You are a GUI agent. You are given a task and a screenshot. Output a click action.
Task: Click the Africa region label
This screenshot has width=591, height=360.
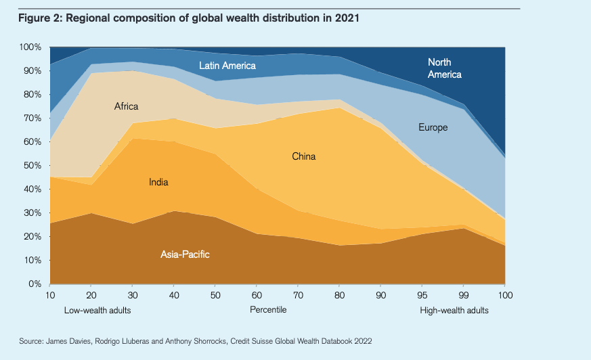click(126, 106)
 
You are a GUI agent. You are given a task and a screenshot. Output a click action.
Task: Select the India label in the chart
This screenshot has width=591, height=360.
click(158, 182)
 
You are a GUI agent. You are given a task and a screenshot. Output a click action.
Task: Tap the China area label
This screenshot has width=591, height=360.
click(304, 156)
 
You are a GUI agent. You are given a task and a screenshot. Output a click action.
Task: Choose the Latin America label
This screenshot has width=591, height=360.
click(227, 66)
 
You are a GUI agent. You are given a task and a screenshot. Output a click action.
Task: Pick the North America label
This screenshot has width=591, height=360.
click(445, 68)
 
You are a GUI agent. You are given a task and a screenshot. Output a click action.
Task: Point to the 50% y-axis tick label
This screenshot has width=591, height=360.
click(32, 166)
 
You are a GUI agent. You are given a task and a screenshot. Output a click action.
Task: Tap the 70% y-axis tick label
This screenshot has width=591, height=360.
click(32, 118)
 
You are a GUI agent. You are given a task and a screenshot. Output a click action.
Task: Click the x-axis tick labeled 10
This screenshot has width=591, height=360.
click(50, 296)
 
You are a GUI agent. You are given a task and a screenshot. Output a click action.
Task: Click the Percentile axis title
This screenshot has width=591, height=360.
click(268, 310)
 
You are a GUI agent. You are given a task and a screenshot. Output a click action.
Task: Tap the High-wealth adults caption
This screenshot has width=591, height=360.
click(454, 311)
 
